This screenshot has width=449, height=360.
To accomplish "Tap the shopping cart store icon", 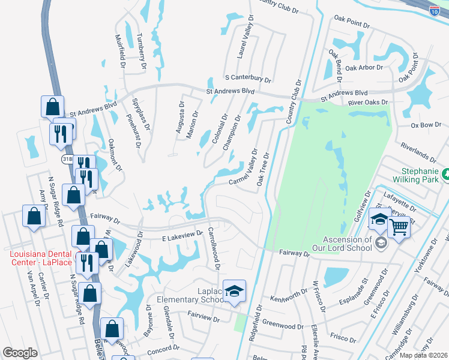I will [398, 227].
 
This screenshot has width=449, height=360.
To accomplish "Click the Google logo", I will [20, 353].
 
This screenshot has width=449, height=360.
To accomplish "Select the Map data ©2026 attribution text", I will [423, 355].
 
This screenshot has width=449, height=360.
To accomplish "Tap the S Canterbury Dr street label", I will [248, 79].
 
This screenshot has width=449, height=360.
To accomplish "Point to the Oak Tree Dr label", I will [262, 168].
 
